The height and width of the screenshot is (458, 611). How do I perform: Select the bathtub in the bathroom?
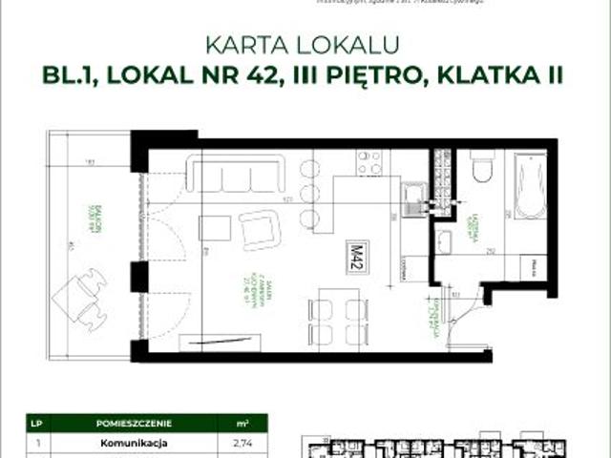tap(529, 186)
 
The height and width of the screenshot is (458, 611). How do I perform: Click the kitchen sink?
tap(414, 197)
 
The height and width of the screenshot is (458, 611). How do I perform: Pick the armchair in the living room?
tap(259, 230)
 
